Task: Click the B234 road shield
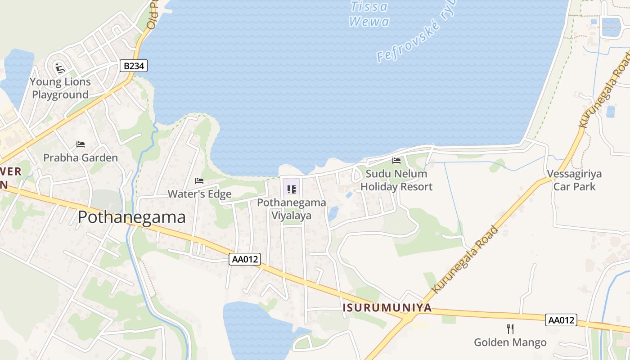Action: pos(134,66)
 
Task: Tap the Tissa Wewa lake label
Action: pos(369,14)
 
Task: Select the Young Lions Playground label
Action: pos(61,88)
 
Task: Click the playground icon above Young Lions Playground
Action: pos(60,68)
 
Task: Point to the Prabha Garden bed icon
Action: pos(81,144)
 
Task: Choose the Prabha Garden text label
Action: pos(81,157)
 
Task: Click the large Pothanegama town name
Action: pos(131,217)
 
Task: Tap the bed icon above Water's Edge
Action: pos(199,181)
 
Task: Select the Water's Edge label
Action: pos(199,194)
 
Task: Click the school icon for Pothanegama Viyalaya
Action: pos(291,189)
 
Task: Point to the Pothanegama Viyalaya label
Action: pos(291,209)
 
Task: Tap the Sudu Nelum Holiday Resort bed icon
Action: pos(396,160)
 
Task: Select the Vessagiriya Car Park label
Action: pos(574,180)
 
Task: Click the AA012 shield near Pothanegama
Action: pos(245,259)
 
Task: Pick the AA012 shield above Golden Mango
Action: pos(561,320)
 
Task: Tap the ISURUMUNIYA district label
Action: pos(387,308)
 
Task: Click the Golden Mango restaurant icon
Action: pos(510,329)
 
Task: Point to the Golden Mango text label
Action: pos(510,342)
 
